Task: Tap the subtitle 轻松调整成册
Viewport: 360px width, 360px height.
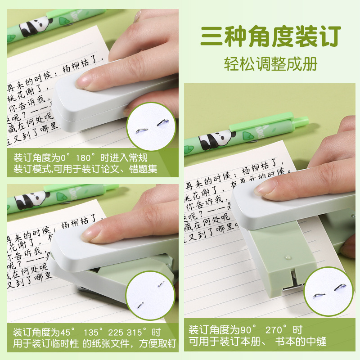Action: [271, 63]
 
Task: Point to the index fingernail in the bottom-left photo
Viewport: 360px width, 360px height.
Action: [92, 233]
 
